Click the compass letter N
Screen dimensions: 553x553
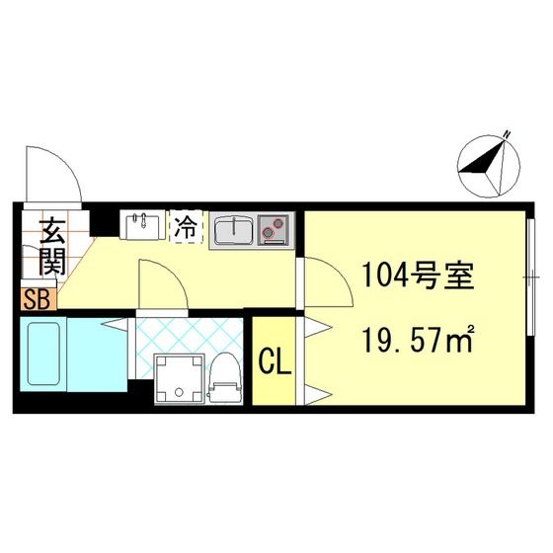(508, 134)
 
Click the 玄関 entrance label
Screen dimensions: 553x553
(52, 247)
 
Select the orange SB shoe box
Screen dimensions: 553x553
(39, 300)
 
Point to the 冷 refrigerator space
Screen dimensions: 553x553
(187, 226)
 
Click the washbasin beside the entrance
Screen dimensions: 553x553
(142, 225)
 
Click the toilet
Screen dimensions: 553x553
(225, 379)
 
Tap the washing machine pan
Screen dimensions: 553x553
(179, 379)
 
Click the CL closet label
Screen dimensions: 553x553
(276, 362)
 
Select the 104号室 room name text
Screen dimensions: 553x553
(418, 276)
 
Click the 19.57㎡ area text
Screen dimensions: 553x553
(418, 340)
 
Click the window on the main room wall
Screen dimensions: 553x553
(530, 277)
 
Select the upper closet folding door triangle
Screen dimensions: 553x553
(317, 328)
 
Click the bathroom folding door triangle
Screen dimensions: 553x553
(115, 325)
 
